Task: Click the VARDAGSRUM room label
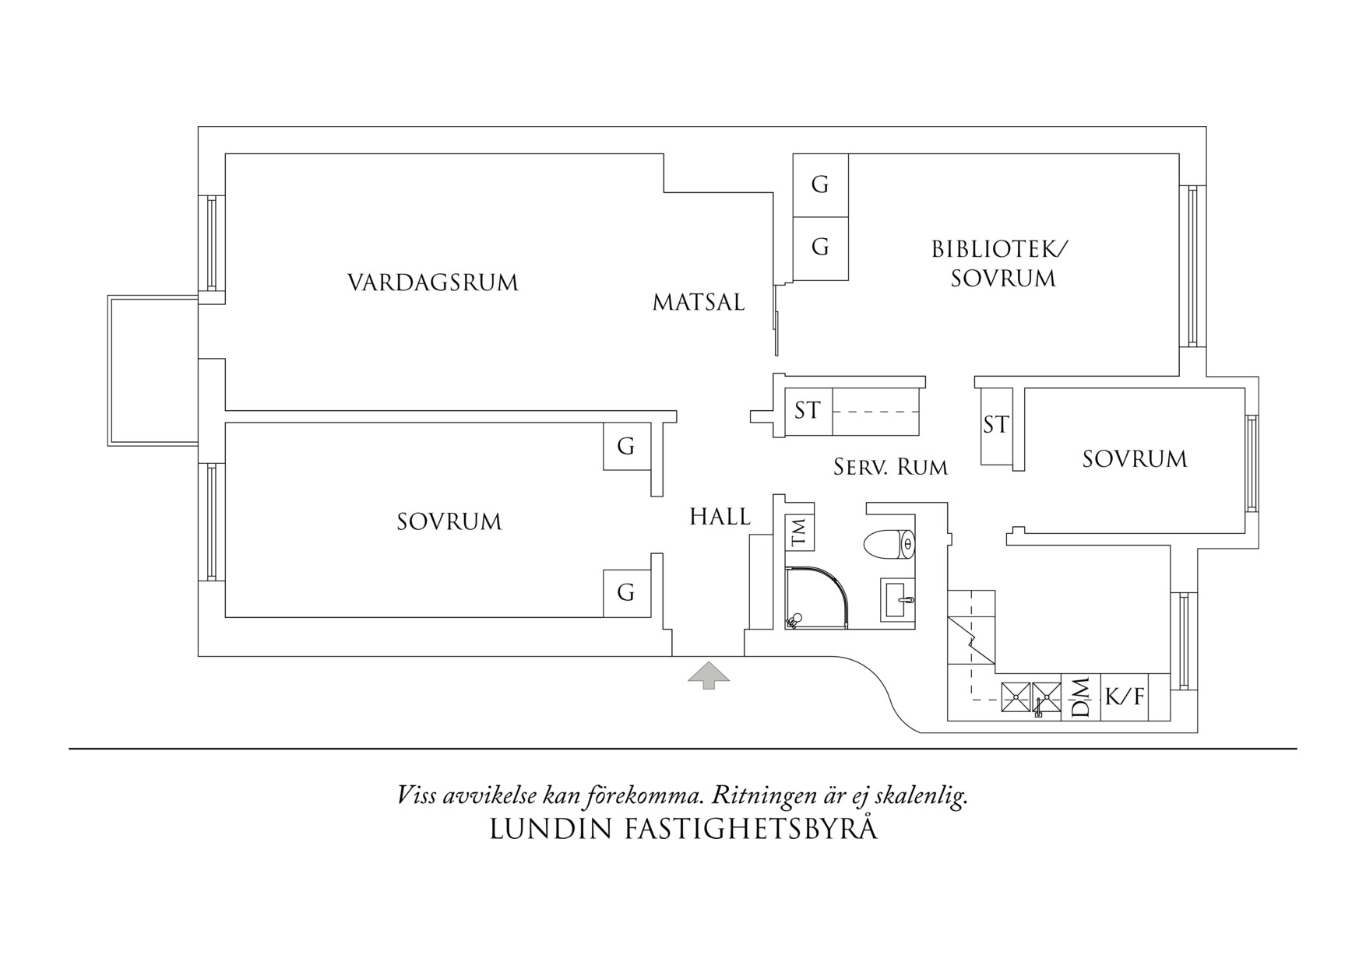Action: [x=433, y=282]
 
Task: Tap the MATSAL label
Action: [x=699, y=302]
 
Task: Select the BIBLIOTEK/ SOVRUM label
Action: [x=1002, y=264]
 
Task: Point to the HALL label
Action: [x=720, y=517]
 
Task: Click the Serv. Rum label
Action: [x=890, y=467]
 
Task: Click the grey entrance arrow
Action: [x=708, y=675]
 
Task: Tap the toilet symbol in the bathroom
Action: [x=889, y=544]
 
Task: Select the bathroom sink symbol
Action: [x=898, y=599]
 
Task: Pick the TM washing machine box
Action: [x=800, y=532]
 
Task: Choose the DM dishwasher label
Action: [x=1081, y=697]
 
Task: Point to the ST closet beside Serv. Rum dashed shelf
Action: [x=808, y=410]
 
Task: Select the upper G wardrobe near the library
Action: [x=820, y=185]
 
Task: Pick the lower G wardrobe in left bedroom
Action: [x=626, y=593]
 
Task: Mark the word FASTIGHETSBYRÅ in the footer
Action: [x=751, y=830]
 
